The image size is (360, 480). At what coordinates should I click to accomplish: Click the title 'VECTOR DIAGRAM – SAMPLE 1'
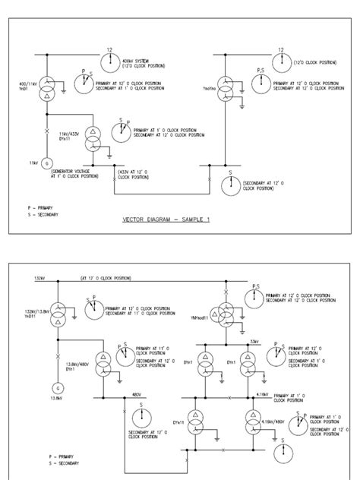click(166, 221)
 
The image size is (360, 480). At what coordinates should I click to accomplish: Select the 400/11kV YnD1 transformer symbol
click(45, 89)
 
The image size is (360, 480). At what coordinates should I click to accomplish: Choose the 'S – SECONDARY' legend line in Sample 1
click(45, 214)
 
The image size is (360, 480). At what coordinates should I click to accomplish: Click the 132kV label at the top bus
click(39, 279)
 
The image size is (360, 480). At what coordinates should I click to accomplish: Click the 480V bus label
click(137, 394)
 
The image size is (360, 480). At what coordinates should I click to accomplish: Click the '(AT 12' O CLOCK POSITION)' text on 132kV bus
click(106, 279)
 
